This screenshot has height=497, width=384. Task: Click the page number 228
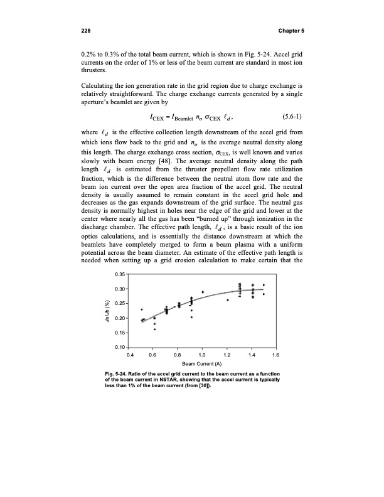coord(86,31)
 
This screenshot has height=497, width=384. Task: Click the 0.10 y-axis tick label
coord(120,347)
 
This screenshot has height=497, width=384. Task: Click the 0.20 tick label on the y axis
coord(120,318)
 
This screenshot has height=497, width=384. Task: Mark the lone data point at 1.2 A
coord(228,300)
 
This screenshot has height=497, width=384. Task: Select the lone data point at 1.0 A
coord(203,292)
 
